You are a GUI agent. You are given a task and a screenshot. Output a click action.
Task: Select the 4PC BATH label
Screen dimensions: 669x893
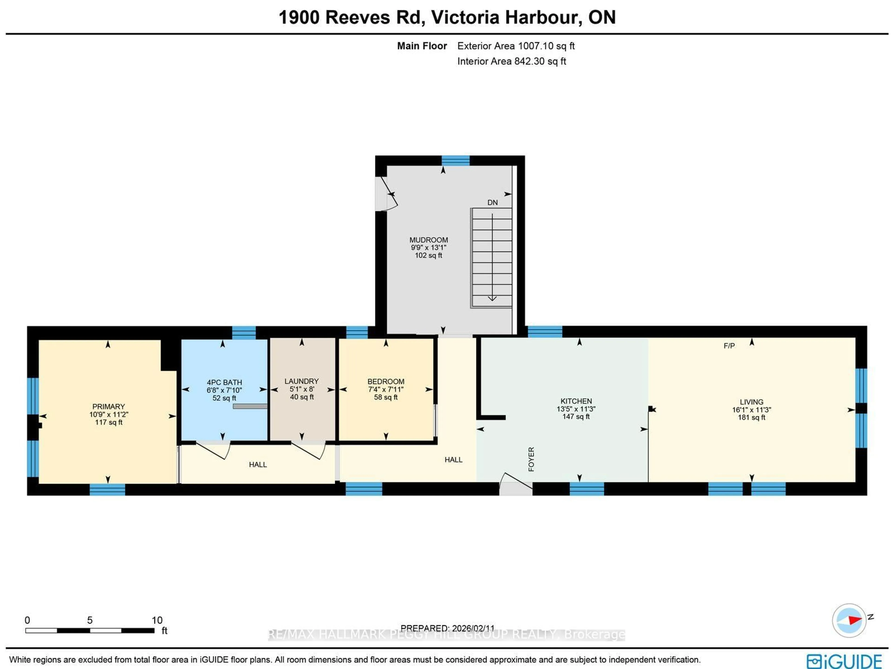coord(224,382)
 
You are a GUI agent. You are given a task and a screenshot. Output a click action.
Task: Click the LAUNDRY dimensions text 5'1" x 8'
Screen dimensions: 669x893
coord(302,389)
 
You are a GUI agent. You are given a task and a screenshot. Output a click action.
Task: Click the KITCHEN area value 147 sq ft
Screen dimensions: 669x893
coord(576,417)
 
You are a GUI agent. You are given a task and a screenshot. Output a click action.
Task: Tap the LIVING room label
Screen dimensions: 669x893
coord(751,402)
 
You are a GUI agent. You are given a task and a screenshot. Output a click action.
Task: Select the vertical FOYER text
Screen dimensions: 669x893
coord(531,459)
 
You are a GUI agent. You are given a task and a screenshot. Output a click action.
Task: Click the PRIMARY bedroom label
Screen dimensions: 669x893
coord(109,407)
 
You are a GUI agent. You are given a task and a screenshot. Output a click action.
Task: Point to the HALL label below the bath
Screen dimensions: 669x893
coord(258,465)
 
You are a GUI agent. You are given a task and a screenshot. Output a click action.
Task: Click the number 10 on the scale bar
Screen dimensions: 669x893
coord(157,620)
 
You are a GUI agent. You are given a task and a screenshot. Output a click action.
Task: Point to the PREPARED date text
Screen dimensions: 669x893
coord(447,628)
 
